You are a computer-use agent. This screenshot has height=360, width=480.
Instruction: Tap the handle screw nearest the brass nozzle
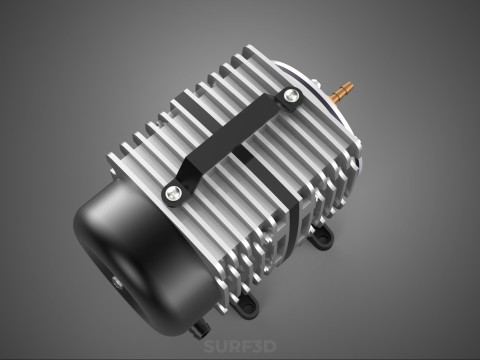click(x=291, y=97)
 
